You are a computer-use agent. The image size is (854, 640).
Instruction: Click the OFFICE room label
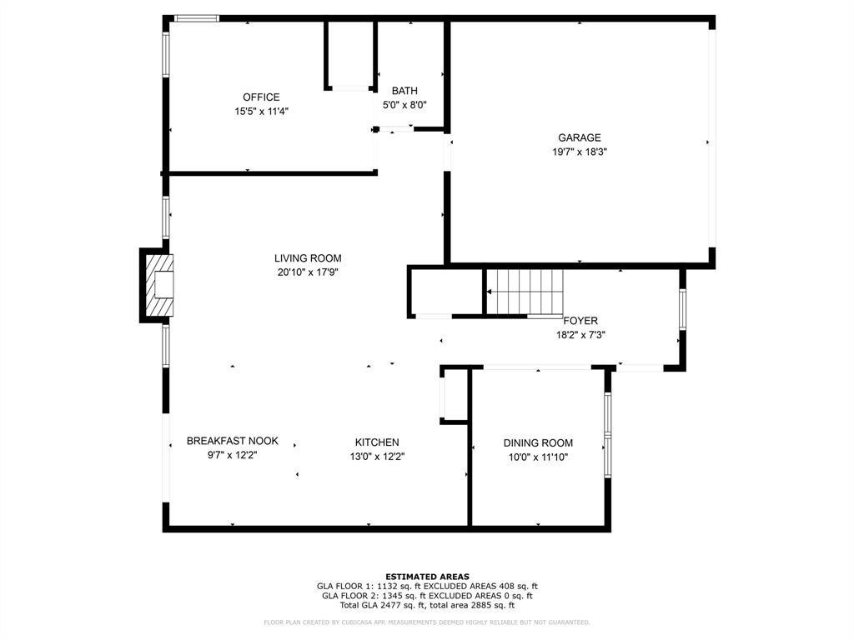[261, 97]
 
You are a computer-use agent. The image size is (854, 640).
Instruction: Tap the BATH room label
[404, 91]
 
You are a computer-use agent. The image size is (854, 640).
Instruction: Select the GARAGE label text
[579, 138]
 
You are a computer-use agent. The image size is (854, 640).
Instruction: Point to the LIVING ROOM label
[308, 258]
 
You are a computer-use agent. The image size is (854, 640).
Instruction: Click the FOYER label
[580, 321]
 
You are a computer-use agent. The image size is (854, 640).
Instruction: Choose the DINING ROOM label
[538, 443]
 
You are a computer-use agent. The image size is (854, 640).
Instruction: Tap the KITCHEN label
[377, 442]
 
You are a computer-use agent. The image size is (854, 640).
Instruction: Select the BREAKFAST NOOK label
[232, 441]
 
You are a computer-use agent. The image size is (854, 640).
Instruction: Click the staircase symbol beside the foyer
[525, 292]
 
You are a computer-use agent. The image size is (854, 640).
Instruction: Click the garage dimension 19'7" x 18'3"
[579, 152]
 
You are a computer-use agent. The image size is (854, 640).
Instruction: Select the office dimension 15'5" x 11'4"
[261, 111]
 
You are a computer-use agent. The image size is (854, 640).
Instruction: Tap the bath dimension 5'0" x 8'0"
[404, 105]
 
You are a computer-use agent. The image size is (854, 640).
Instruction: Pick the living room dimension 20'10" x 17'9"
[308, 272]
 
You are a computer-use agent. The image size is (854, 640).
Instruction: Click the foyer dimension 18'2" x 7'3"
[580, 335]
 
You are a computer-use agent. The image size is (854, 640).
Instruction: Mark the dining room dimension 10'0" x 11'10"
[538, 457]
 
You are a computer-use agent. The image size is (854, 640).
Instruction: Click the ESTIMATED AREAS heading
[427, 577]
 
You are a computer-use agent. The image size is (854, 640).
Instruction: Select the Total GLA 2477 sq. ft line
[427, 605]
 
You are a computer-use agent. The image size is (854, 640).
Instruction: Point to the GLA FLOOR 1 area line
[427, 586]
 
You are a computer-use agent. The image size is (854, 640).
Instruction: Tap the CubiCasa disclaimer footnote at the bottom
[427, 622]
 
